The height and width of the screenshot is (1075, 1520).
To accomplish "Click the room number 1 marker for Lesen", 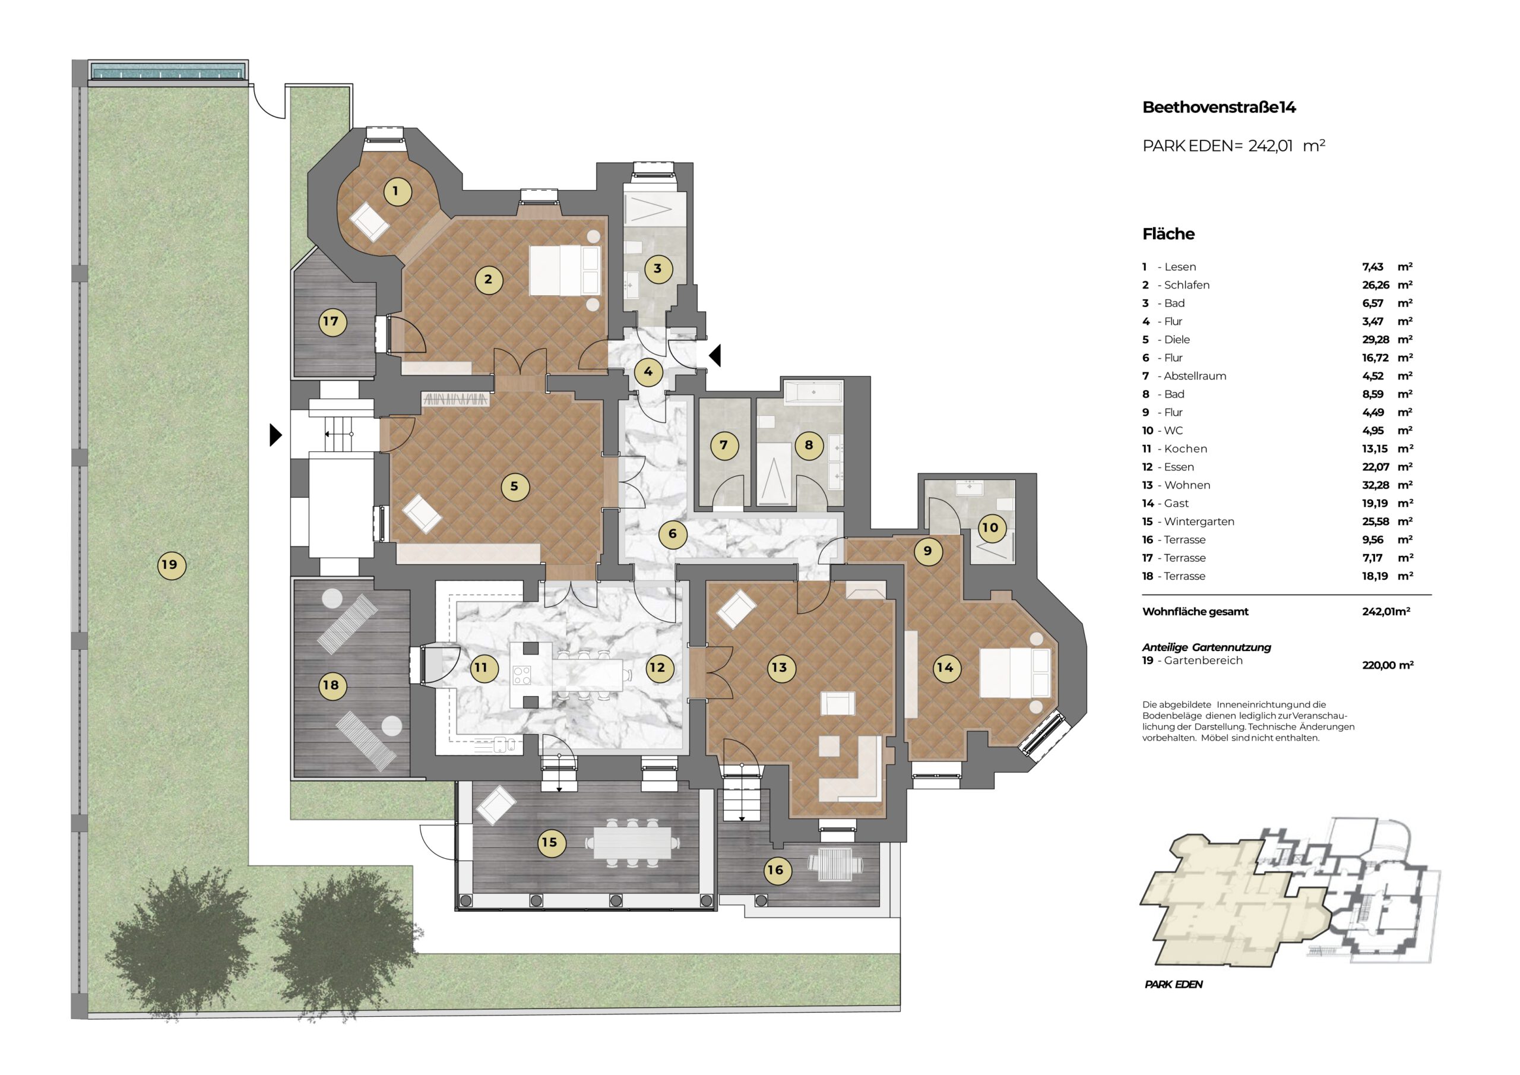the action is (397, 191).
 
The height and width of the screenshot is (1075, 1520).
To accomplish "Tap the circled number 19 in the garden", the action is (171, 565).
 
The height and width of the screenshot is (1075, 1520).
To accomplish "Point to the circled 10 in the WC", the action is (991, 528).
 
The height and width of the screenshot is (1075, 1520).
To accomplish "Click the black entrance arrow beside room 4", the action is (715, 355).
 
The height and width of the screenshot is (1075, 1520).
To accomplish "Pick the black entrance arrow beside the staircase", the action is (276, 435).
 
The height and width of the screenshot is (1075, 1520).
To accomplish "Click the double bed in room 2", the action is (565, 271).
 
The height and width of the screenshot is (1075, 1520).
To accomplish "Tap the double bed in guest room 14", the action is (1014, 672).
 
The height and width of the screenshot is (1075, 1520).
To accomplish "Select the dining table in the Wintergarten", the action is (632, 843).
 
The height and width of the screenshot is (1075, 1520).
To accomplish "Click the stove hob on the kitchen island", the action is (522, 676).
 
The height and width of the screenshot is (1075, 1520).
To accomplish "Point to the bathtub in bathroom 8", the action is (813, 392).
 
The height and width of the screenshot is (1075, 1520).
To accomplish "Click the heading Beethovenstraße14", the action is (1219, 107).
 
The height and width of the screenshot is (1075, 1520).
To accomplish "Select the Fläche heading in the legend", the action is (1168, 234).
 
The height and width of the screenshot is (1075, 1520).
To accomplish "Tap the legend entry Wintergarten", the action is (1199, 521).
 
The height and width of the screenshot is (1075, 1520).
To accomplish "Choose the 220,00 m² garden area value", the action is (1388, 665).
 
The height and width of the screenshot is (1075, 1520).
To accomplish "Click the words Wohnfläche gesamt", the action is (1195, 611).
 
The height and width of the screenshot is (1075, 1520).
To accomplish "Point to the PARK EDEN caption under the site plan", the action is (1173, 984).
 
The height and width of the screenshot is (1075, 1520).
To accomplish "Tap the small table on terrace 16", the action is (835, 864).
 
